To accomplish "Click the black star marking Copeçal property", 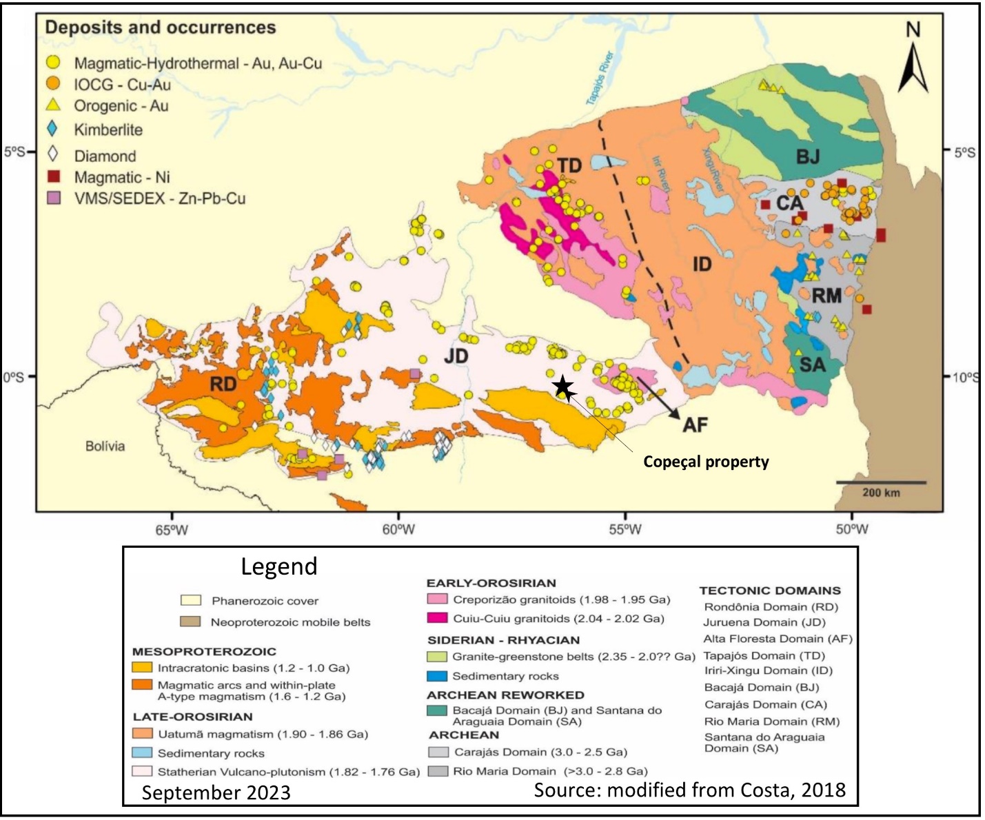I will pos(563,387).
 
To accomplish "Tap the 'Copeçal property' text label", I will pos(706,462).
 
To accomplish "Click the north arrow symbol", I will pos(913,65).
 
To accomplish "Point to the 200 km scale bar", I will pos(881,482).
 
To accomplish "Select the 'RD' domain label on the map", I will pos(223,385).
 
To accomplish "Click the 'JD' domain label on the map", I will pos(456,356).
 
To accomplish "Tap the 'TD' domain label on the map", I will pos(569,166).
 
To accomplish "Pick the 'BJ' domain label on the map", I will pos(808,157).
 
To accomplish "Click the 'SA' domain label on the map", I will pos(812,365).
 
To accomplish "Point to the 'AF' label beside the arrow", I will pos(695,425).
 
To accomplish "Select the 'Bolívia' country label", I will pos(105,447).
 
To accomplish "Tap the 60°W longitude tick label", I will pos(398,529).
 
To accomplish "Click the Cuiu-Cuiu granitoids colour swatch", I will pos(436,618).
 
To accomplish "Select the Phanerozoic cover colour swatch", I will pos(190,601).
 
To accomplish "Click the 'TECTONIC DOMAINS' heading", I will pos(770,591).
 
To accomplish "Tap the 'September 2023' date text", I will pos(216,792).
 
